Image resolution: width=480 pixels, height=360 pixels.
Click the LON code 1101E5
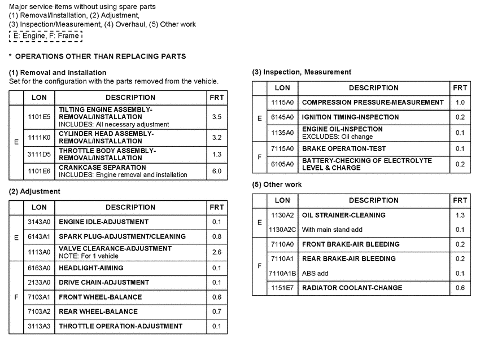tap(39, 117)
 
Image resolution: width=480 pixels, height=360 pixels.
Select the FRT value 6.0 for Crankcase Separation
tap(217, 171)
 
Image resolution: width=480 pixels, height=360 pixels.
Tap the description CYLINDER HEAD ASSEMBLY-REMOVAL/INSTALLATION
tap(106, 137)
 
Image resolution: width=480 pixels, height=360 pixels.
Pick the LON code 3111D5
tap(39, 154)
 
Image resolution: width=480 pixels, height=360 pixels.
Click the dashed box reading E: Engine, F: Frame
tap(46, 36)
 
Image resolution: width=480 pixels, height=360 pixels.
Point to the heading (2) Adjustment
tap(34, 191)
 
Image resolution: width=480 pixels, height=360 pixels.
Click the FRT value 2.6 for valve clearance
tap(217, 252)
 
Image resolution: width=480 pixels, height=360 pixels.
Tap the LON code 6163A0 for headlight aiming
tap(39, 268)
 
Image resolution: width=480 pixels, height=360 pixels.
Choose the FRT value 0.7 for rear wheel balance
tap(217, 311)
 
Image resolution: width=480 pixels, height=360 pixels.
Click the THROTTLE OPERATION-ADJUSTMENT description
tap(121, 326)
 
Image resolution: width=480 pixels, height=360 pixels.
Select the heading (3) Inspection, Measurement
tap(302, 72)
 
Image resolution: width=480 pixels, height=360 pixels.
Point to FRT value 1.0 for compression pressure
tap(460, 103)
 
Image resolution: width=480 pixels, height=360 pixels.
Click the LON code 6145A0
tap(282, 117)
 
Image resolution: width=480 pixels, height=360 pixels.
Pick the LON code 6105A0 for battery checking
tap(282, 164)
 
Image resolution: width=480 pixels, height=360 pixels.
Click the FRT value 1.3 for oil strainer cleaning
tap(460, 215)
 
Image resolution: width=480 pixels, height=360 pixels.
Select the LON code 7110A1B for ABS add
tap(282, 273)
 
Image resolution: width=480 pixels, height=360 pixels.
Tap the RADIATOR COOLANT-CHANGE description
tap(352, 288)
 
